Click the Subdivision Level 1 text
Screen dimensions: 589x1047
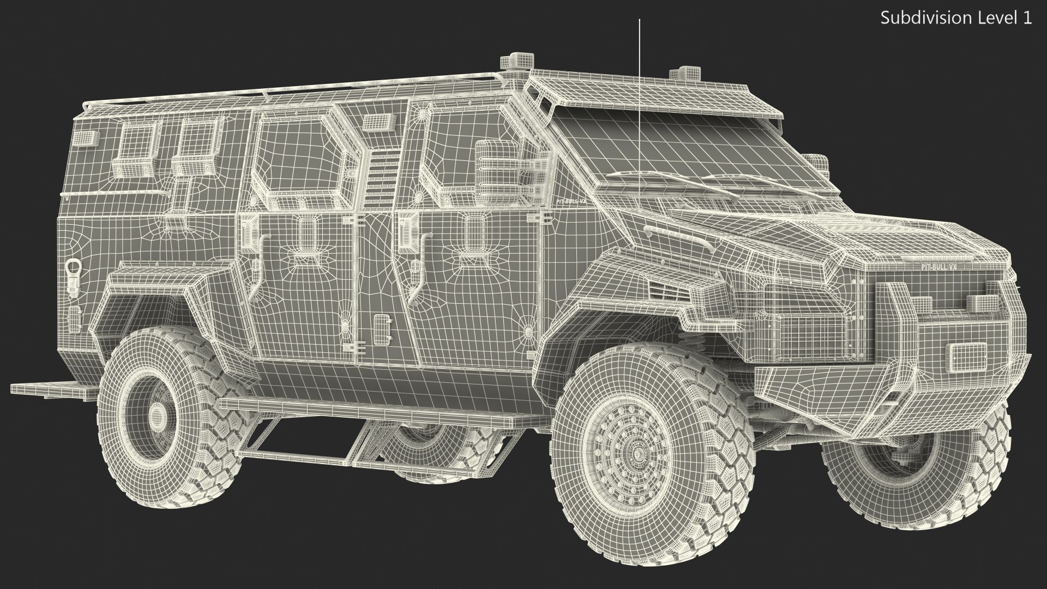coord(956,17)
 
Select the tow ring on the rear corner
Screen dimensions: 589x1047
coord(73,269)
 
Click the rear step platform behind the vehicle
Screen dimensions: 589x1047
coord(52,389)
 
